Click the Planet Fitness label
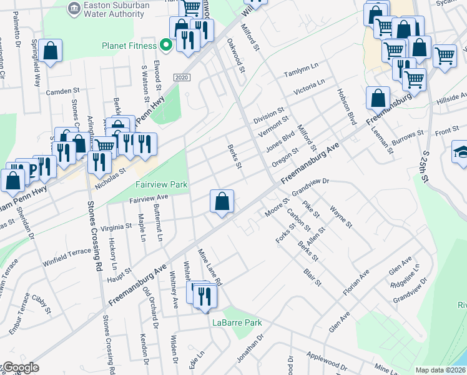129,45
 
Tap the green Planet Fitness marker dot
165,44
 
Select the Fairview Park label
162,185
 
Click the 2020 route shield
182,77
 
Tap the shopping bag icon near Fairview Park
222,202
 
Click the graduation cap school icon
460,153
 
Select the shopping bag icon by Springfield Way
51,51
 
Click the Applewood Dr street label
328,361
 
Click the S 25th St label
427,159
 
